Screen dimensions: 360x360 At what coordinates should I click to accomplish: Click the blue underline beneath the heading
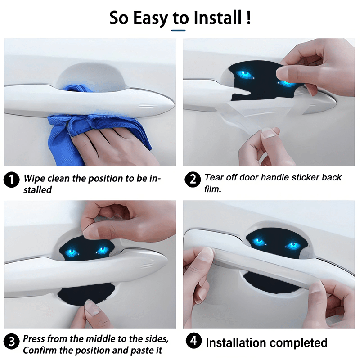click(179, 31)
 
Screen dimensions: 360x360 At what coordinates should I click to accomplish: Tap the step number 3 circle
click(11, 342)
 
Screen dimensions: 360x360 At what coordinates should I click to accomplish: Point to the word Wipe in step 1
click(35, 179)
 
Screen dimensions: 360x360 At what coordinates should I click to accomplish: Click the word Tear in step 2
click(214, 178)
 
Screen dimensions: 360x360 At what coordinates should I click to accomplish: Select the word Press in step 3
click(34, 338)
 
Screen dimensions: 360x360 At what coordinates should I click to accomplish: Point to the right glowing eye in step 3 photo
click(103, 250)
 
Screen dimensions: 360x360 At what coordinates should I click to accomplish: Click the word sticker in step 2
click(293, 178)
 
